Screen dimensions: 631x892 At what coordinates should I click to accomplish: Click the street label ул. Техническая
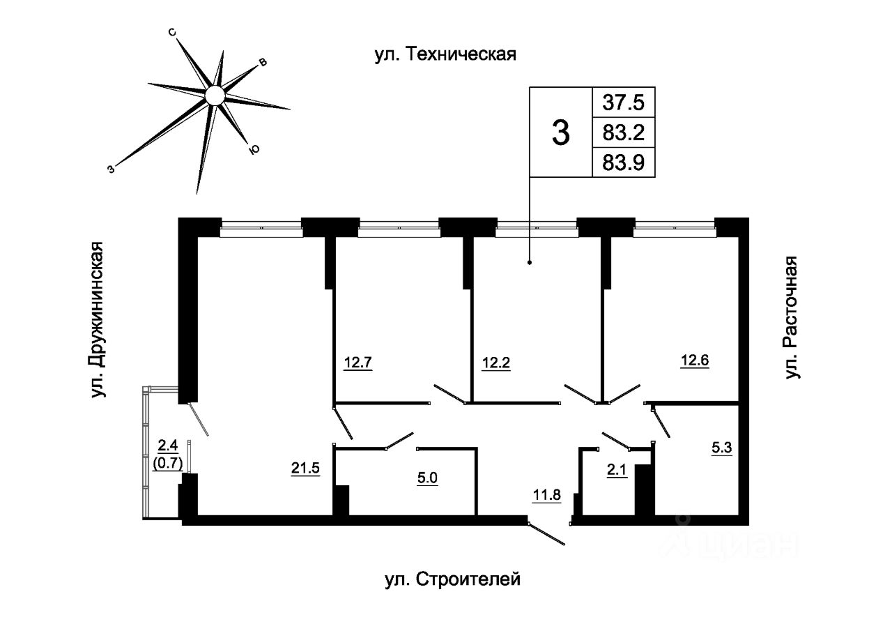(x=445, y=54)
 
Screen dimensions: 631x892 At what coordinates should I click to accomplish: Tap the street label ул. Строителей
(x=452, y=579)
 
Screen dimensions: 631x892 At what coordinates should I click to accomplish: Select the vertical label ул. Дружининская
(x=99, y=321)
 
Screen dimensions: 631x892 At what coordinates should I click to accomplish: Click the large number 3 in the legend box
(x=560, y=132)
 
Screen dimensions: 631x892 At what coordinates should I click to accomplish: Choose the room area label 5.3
(x=722, y=450)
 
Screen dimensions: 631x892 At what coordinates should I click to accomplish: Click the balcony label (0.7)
(x=167, y=460)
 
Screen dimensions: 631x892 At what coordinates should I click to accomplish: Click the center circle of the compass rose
(x=215, y=94)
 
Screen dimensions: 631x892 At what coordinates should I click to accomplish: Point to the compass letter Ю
(x=254, y=149)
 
